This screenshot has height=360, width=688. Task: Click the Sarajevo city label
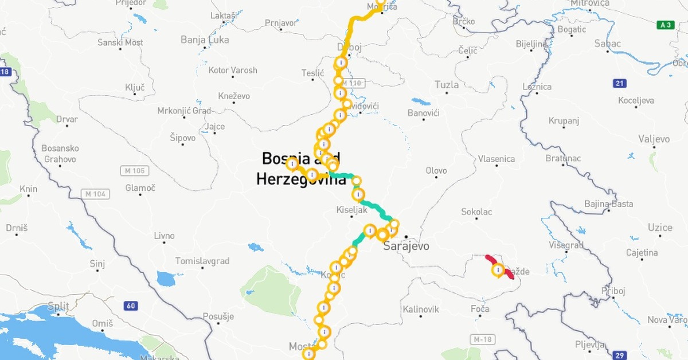coord(406,246)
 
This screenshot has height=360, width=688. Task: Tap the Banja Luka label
coord(204,40)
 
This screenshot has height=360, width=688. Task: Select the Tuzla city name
coord(447,85)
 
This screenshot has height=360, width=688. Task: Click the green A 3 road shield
coord(666,25)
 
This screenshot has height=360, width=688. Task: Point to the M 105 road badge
coord(135,171)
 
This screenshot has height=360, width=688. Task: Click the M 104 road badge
coord(95,194)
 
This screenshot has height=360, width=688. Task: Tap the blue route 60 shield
coord(131,306)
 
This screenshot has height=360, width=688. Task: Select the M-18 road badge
coord(483,339)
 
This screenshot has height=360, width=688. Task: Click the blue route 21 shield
coord(619,84)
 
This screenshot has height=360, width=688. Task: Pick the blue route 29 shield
coord(619,355)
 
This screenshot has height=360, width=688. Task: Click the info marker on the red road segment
coord(499,269)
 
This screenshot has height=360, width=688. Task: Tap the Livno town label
coord(164,236)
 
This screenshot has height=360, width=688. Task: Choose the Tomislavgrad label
coord(202,261)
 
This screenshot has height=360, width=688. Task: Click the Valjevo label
coord(654,139)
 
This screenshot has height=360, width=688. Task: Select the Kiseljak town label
coord(351,210)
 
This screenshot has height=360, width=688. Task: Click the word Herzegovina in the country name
coord(301,179)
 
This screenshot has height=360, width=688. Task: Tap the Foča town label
coord(479,309)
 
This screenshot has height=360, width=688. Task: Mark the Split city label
coord(58,306)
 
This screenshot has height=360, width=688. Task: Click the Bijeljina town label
coord(532,43)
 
